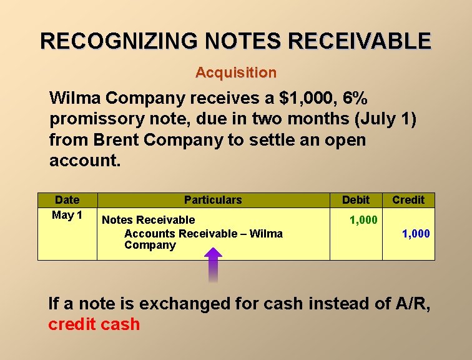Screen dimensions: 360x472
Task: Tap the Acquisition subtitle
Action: click(x=235, y=72)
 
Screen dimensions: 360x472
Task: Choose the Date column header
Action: click(x=67, y=200)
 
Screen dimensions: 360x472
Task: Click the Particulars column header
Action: click(x=212, y=200)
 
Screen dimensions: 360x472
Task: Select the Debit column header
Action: click(x=356, y=200)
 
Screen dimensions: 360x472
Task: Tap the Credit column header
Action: click(x=408, y=200)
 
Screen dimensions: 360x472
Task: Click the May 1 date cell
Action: click(x=67, y=216)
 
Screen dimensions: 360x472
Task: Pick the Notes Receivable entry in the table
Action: click(x=148, y=220)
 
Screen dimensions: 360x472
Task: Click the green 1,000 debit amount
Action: click(x=363, y=220)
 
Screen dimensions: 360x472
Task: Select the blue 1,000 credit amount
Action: click(x=416, y=234)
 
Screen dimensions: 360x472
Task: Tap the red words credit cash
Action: click(x=94, y=324)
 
